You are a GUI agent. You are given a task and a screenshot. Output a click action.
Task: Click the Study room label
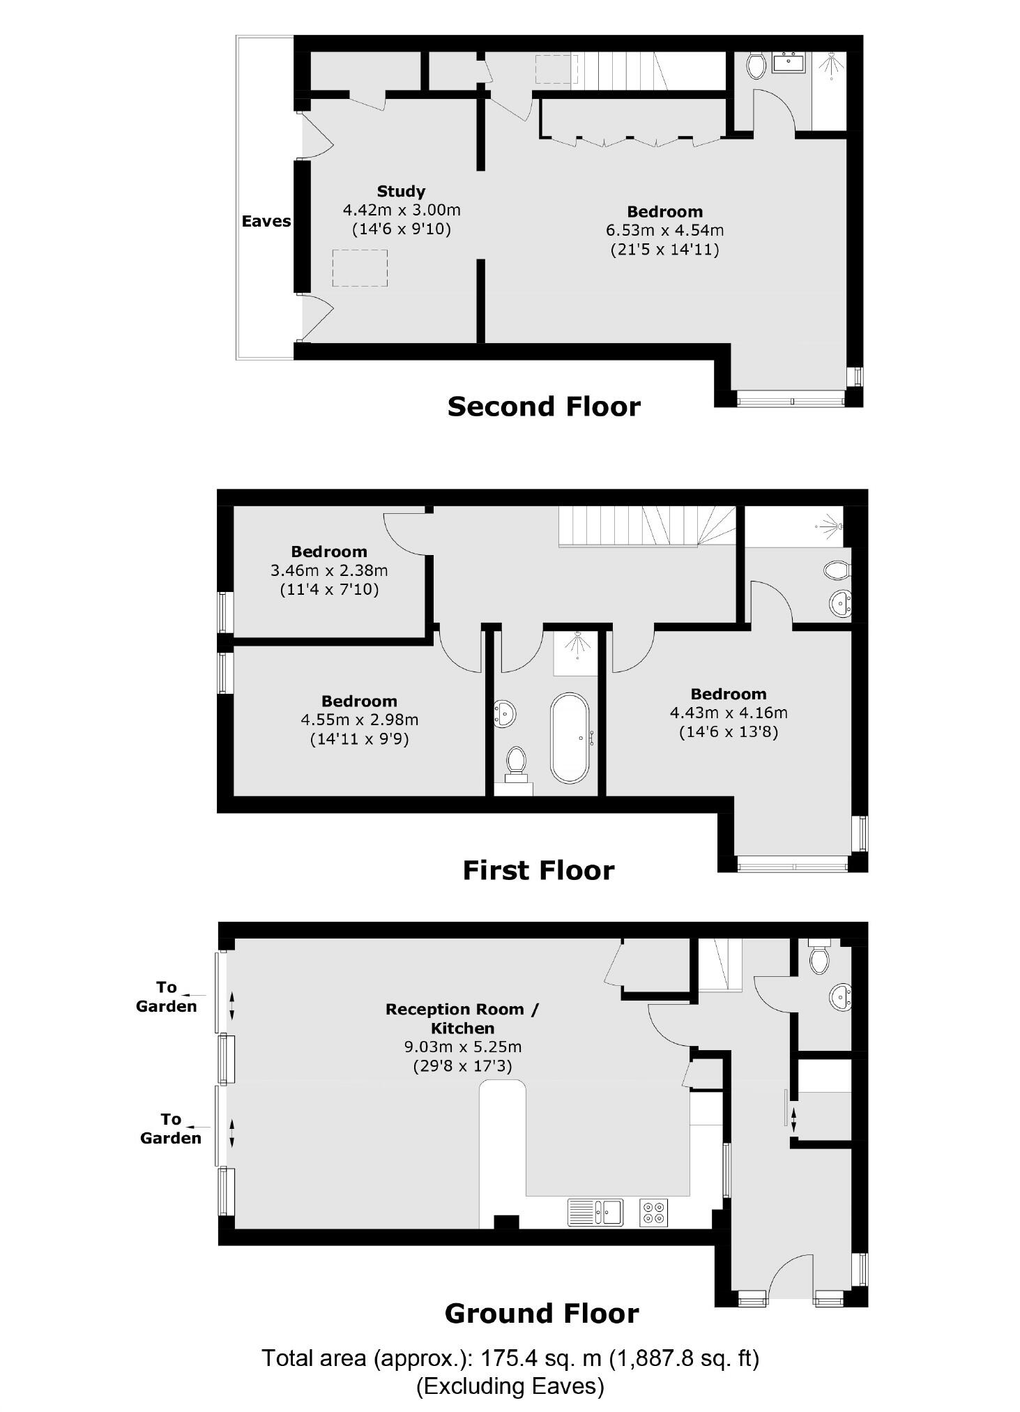pos(401,191)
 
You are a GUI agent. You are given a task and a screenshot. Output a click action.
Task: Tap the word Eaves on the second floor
pos(266,221)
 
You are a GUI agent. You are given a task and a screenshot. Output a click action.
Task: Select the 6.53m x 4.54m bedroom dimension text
pos(664,230)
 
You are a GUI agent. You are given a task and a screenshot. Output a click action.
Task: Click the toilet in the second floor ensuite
pos(756,66)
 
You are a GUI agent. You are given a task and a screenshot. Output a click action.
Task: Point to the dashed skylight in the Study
pos(360,268)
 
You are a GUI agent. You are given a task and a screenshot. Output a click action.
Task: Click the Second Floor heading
pos(543,407)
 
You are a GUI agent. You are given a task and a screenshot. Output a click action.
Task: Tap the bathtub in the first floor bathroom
pos(570,738)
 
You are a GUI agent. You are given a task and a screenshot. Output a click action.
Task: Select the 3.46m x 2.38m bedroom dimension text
pos(329,570)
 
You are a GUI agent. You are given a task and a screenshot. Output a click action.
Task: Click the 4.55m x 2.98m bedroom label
pos(359,701)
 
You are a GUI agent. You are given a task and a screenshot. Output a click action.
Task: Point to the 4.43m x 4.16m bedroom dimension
pos(729,713)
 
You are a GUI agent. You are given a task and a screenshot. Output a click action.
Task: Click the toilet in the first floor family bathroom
pos(516,761)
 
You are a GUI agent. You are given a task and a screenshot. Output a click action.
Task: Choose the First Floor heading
pos(538,870)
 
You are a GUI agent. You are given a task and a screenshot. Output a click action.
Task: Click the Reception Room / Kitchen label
pos(462,1018)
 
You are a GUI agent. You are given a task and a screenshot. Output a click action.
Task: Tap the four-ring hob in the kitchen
pos(653,1213)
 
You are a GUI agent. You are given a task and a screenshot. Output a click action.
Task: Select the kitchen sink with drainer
pos(595,1212)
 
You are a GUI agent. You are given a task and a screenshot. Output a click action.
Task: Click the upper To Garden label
pos(166,996)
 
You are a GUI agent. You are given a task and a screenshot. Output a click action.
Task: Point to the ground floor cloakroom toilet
pos(819,959)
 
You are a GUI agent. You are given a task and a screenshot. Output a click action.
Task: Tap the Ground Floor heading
pos(542,1314)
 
